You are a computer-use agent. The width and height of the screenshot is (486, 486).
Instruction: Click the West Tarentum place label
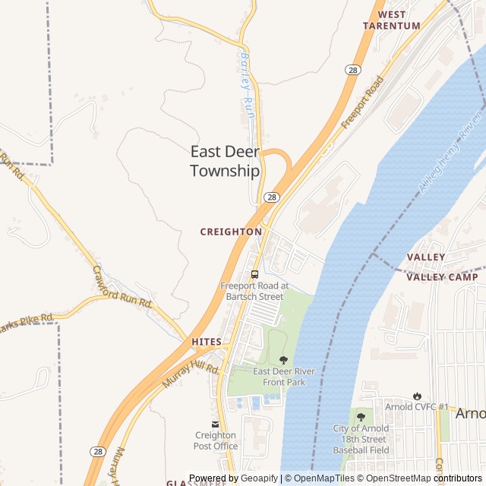(391, 20)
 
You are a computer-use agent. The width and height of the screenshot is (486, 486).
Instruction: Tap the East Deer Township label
(225, 161)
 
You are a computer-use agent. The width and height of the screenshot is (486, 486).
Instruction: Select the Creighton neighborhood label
(231, 232)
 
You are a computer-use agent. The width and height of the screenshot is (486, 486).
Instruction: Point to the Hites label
(207, 342)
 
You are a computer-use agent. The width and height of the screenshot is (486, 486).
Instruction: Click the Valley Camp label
(442, 277)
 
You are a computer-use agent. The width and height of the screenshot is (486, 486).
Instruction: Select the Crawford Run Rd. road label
(123, 286)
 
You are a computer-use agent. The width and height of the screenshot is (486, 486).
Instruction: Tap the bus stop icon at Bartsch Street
(254, 274)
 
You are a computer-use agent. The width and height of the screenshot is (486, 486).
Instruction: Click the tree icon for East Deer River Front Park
(284, 360)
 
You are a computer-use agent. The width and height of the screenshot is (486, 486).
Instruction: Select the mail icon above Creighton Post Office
(215, 424)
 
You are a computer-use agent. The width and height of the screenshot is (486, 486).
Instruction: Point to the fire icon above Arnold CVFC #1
(417, 396)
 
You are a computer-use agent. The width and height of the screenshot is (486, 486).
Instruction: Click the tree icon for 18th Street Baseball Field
(361, 416)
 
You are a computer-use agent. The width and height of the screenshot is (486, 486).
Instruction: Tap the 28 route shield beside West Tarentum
(352, 70)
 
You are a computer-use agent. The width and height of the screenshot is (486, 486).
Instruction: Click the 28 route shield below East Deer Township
(271, 197)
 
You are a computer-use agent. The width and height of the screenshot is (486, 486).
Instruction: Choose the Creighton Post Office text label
(215, 440)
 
